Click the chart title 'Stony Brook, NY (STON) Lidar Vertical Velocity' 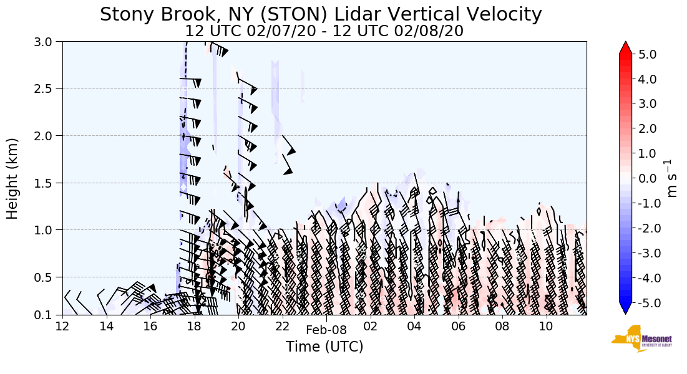[x=321, y=14]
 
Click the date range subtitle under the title [x=324, y=31]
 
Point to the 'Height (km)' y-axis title [x=13, y=178]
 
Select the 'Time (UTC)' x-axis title [x=324, y=347]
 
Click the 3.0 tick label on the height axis [x=46, y=42]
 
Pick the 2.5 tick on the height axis [x=46, y=89]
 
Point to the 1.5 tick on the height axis [x=46, y=183]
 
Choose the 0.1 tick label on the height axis [x=46, y=315]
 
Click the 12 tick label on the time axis [x=62, y=326]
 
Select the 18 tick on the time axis [x=194, y=326]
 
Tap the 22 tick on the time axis [x=282, y=326]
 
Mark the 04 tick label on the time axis [x=414, y=326]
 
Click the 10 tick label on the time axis [x=546, y=326]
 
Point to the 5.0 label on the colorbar [x=648, y=54]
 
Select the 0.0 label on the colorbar [x=648, y=178]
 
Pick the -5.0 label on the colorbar [x=646, y=303]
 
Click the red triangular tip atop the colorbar [x=625, y=48]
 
